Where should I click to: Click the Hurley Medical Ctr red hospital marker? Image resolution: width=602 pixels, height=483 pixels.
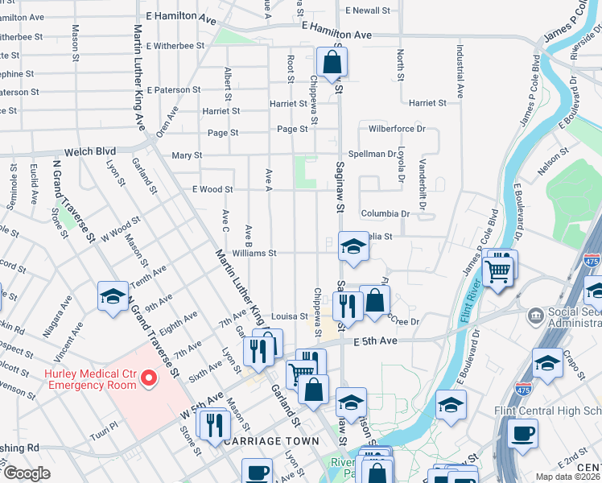coord(148,378)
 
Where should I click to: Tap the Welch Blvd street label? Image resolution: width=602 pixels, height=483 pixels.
coord(89,151)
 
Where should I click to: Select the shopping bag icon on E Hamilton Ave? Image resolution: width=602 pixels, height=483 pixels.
coord(331,63)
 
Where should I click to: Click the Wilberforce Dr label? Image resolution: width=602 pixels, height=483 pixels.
coord(397,129)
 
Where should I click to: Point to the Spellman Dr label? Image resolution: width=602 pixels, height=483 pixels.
coord(373,154)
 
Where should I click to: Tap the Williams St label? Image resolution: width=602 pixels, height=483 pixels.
coord(254,253)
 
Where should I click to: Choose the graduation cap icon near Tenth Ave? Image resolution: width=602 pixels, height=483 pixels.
coord(113,297)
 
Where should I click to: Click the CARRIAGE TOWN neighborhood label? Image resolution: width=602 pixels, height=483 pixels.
coord(271,442)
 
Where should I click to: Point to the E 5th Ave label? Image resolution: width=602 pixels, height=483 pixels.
coord(376,341)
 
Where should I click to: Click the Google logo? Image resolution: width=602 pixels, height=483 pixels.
coord(26,473)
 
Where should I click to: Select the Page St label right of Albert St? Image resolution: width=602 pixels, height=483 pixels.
coord(292,129)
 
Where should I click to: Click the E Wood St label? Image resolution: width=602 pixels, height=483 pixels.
coord(212,190)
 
